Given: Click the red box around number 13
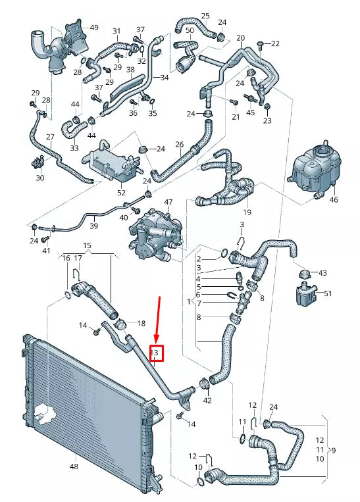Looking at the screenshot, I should coord(156,353).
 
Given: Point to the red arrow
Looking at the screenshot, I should coord(158,319).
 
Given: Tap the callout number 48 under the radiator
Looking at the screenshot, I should coord(74,466).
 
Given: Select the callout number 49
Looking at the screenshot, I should coord(94,28).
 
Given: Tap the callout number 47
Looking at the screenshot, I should coord(168,202).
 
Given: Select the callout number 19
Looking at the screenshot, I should coord(247,212).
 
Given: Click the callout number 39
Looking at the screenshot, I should coord(93,226).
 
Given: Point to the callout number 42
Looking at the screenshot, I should coord(207,400).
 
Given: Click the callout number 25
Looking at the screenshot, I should coord(205,15).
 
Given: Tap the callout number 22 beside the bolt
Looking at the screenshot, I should coord(275,43).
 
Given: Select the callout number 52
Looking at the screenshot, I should coord(121,193).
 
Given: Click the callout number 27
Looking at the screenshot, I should coord(50,137).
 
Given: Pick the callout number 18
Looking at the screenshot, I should coord(140,323).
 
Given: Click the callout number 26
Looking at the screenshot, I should coord(179,143).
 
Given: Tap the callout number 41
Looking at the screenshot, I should coord(46,251).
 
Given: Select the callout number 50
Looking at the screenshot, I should coord(190,31).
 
